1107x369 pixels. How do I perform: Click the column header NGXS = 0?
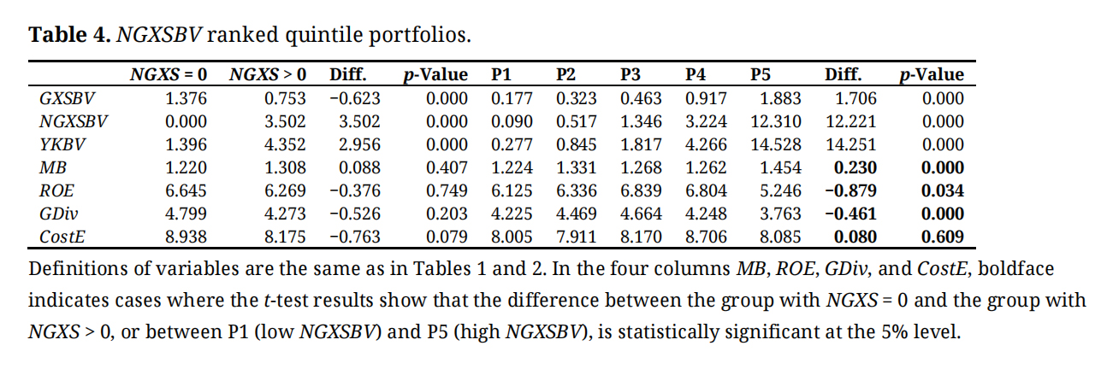pos(168,74)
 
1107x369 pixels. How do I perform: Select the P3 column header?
pos(630,74)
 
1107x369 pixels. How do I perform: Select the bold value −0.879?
pos(850,190)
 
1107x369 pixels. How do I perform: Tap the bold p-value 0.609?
pos(943,237)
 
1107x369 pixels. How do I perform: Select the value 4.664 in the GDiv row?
pos(641,214)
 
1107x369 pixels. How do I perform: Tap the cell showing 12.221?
pos(850,121)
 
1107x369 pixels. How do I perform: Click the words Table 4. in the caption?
pos(68,35)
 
